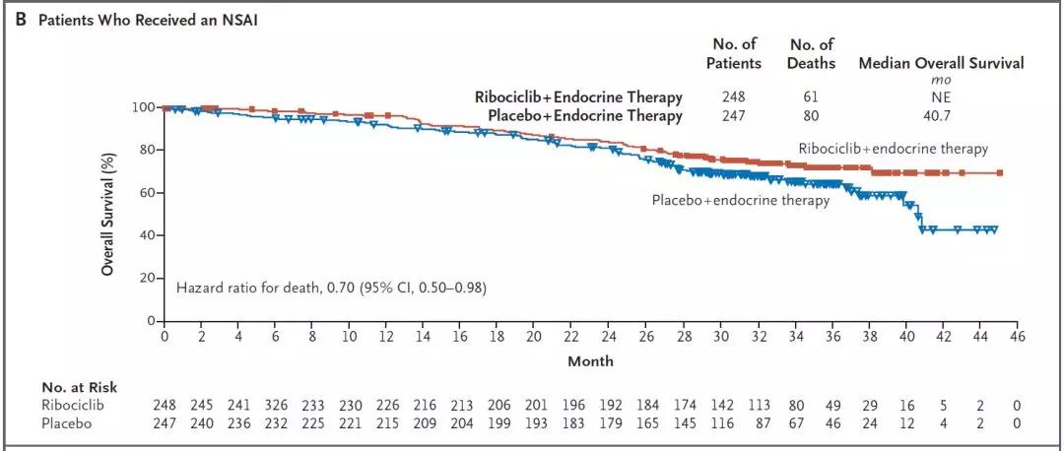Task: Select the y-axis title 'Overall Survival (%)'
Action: tap(110, 212)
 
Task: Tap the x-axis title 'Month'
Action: tap(590, 361)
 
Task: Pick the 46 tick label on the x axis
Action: tap(1017, 337)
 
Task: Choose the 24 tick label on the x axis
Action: tap(609, 337)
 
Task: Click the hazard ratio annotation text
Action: tap(331, 289)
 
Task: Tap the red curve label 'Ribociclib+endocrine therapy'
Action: tap(893, 149)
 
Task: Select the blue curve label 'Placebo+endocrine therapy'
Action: tap(740, 200)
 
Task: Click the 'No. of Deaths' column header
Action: tap(812, 53)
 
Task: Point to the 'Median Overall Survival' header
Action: tap(941, 63)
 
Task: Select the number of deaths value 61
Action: tap(812, 97)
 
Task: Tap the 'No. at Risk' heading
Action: tap(79, 387)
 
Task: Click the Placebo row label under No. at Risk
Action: tap(66, 423)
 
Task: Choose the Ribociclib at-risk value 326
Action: tap(277, 406)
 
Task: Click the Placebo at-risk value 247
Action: tap(165, 423)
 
